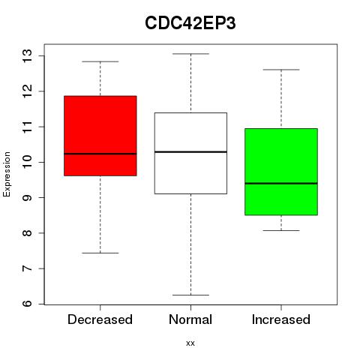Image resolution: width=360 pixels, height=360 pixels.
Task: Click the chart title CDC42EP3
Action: pos(190,23)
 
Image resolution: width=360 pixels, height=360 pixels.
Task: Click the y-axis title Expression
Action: pos(7,174)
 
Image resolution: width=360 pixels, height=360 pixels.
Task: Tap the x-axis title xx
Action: pos(190,343)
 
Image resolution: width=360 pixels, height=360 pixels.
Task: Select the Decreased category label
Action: pos(100,319)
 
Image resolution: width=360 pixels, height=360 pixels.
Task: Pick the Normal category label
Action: pos(190,319)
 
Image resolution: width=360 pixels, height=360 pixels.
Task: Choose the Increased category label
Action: pos(281,319)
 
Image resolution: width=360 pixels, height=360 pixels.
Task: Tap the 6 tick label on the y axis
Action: pos(28,304)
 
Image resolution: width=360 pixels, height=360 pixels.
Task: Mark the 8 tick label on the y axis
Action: pos(28,233)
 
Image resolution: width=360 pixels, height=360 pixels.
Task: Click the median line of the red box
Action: pos(100,154)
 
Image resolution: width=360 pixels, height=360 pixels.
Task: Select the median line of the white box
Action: pos(190,151)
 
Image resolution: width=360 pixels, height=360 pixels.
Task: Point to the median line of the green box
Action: pos(281,184)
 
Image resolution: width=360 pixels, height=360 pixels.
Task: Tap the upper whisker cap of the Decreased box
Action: pos(100,61)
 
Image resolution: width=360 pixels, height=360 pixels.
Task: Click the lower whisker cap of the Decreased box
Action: pos(100,253)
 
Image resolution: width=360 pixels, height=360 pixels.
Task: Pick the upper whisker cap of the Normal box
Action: pos(190,54)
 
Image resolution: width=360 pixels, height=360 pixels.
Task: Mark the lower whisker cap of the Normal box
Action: pos(190,295)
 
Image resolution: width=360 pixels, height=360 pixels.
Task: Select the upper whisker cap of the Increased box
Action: pos(281,70)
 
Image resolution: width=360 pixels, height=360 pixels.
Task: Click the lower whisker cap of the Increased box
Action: pos(281,230)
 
